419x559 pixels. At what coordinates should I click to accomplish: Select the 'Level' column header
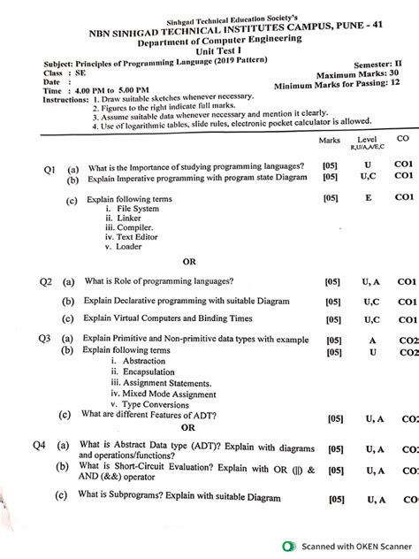pos(366,141)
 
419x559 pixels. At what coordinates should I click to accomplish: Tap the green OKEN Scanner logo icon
pos(288,546)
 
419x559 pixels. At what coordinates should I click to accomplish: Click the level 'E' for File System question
pos(366,199)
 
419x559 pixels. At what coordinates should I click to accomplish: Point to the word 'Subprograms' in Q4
pos(127,497)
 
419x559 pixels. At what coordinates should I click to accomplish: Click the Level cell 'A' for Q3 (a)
pos(371,340)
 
